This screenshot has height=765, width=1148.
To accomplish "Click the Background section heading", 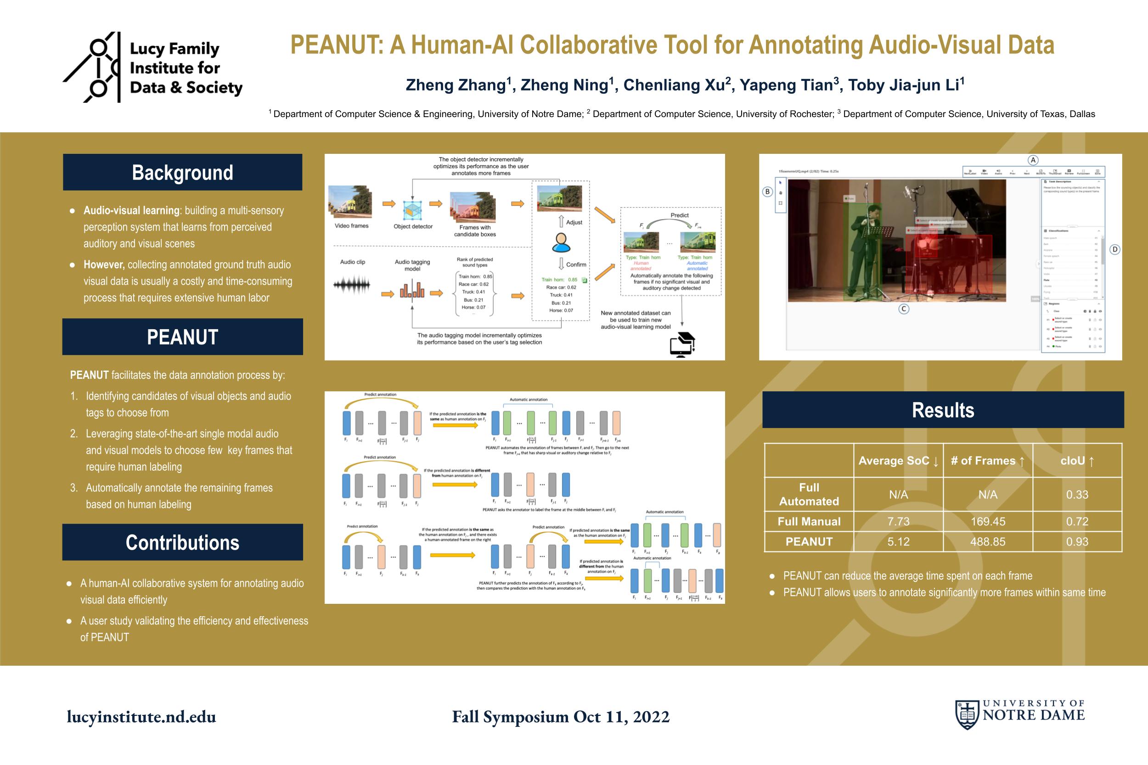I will [x=182, y=173].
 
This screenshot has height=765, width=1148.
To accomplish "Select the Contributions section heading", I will [x=182, y=543].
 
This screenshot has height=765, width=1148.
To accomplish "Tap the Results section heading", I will [x=943, y=410].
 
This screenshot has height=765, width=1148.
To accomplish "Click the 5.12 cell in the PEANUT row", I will [x=898, y=541].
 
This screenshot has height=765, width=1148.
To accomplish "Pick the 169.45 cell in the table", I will [x=987, y=522].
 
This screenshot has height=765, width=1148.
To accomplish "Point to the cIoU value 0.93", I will [x=1077, y=541].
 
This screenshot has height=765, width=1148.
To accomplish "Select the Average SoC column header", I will [x=898, y=461].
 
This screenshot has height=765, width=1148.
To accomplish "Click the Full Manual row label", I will [x=809, y=522].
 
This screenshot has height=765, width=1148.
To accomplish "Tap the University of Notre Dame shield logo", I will [x=967, y=714].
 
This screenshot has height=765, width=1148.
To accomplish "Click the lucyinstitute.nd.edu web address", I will [x=141, y=716].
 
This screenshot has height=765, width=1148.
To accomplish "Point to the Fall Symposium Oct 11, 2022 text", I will [x=561, y=716].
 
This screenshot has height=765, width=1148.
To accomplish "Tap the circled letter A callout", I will [x=1033, y=160].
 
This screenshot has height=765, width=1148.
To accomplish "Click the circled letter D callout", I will [x=1115, y=250].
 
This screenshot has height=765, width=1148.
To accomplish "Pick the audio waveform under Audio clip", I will [x=352, y=285].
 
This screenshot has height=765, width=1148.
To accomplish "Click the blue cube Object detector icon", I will [x=412, y=210].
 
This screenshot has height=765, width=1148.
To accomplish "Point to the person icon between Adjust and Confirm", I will [x=561, y=242].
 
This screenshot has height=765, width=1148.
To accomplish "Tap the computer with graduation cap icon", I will [x=682, y=344].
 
